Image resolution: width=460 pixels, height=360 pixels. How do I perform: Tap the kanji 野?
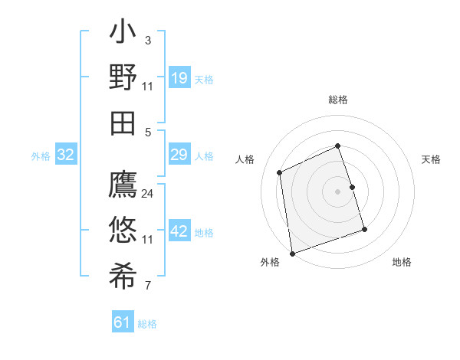click(123, 77)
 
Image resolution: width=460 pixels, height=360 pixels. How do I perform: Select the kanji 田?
click(123, 122)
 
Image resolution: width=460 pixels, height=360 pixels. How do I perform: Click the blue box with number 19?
click(179, 78)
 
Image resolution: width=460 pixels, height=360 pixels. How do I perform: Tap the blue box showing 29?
click(179, 155)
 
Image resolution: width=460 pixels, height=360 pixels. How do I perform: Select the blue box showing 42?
click(179, 231)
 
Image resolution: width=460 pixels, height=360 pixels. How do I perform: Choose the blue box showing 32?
click(66, 155)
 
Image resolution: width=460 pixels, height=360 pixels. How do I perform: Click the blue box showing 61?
click(123, 322)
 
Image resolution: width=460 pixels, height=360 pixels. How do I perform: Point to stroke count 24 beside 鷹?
click(148, 194)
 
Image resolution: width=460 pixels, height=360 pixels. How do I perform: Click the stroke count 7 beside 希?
click(148, 286)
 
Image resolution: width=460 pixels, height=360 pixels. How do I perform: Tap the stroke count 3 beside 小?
click(148, 40)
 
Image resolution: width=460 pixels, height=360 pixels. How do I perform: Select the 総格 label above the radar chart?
click(338, 100)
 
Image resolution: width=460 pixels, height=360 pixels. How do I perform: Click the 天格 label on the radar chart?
click(431, 159)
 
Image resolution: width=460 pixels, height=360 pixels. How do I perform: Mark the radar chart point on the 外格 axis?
click(292, 253)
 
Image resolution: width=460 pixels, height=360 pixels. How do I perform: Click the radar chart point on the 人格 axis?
click(280, 172)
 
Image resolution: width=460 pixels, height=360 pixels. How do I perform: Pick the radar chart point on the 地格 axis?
click(364, 229)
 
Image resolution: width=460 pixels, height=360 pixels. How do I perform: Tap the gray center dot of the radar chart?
click(338, 191)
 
